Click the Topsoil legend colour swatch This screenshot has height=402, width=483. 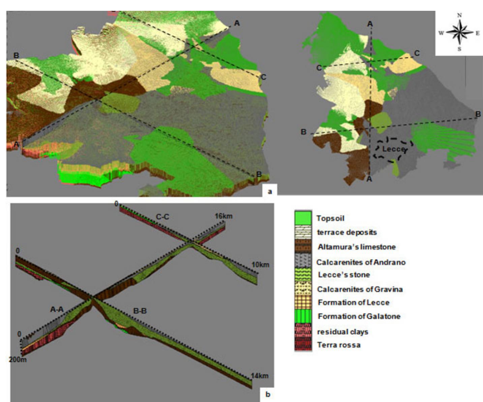coord(303,218)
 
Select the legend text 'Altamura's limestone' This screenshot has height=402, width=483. coord(357,247)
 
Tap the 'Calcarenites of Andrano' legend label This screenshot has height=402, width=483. coord(361,262)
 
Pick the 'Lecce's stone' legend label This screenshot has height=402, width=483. coord(344,274)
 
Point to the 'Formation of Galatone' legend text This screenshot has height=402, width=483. coord(359,316)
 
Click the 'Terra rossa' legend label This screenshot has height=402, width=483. coord(339,345)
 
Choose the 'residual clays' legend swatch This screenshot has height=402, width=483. coord(303,331)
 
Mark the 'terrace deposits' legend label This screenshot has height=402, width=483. coord(347,232)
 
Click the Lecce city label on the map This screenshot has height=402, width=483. coord(393,149)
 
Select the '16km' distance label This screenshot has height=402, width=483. coord(223,216)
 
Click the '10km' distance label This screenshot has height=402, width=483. coord(260,264)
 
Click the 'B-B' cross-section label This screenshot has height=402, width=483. coord(140,311)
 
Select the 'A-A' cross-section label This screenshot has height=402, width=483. coord(57,309)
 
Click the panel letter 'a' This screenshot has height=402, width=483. coord(269,191)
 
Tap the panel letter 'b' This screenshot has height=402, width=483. coord(268,394)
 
